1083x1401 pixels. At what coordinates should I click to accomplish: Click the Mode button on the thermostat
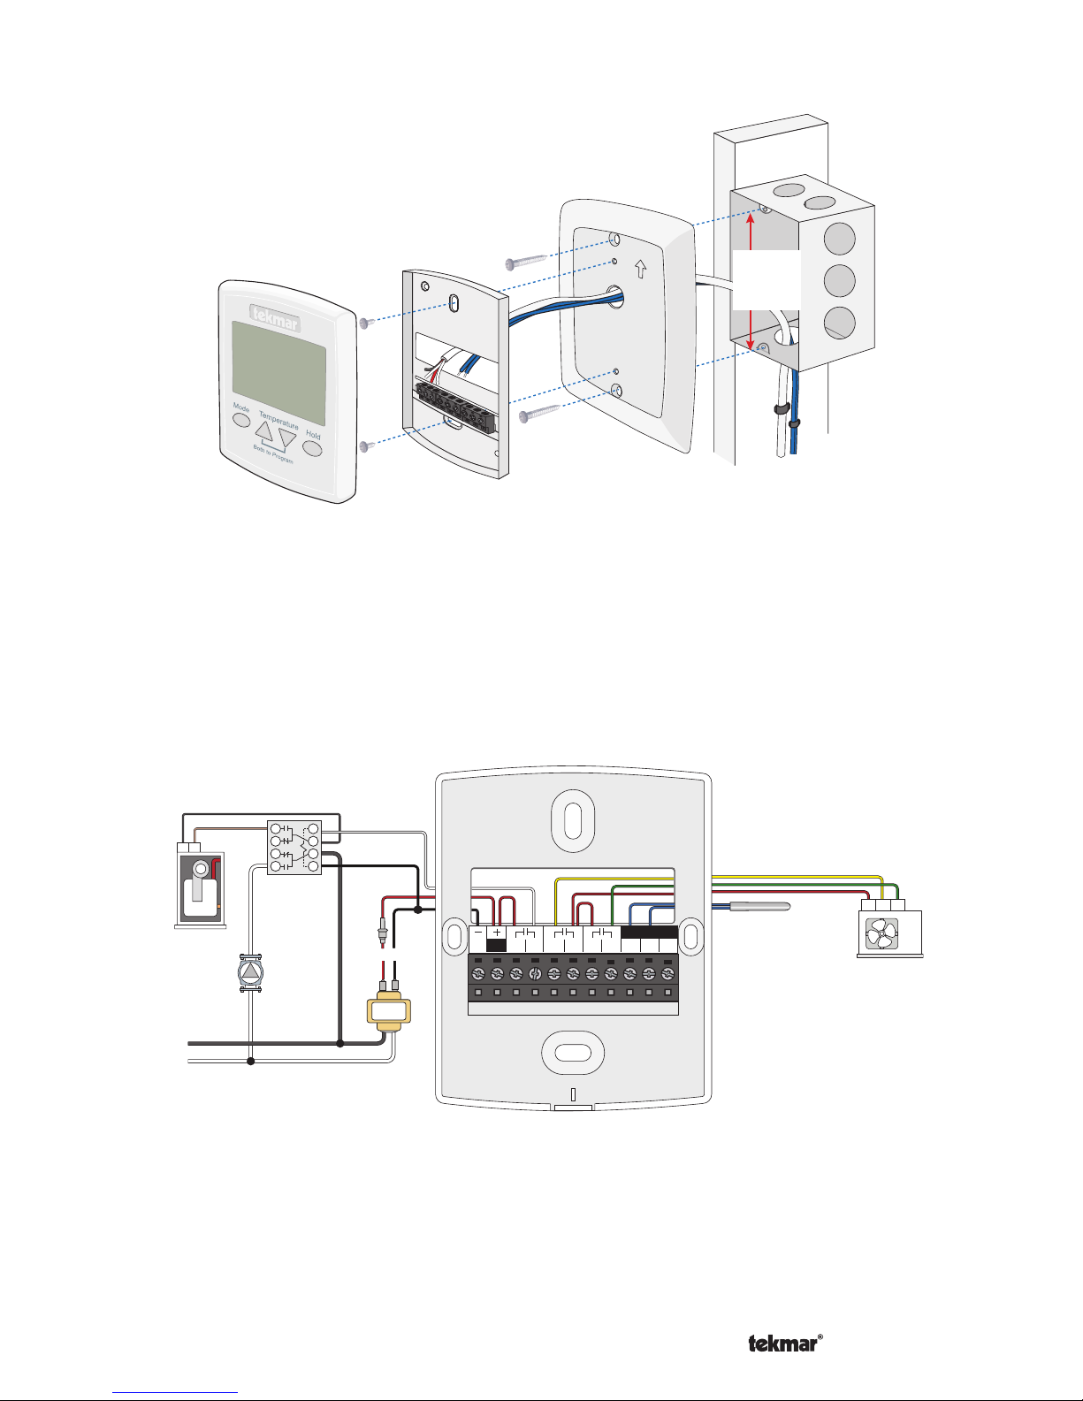(x=241, y=418)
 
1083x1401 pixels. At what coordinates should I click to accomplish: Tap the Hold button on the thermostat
(x=312, y=447)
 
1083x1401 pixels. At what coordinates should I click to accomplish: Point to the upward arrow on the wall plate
(x=640, y=267)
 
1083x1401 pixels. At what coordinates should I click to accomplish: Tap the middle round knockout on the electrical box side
(x=839, y=281)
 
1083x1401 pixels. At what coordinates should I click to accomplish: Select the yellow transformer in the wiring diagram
(x=389, y=1010)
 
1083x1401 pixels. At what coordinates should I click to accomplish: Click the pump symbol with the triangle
(x=252, y=972)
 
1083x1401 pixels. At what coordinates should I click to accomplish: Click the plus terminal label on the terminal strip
(x=497, y=933)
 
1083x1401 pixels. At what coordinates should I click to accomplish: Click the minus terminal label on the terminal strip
(x=477, y=933)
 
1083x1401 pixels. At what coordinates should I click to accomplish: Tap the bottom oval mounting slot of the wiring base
(x=573, y=1052)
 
